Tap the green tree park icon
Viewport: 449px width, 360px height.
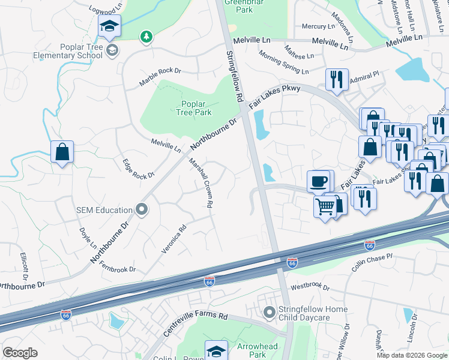[x=145, y=38]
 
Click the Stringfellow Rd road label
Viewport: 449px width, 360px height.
[x=235, y=75]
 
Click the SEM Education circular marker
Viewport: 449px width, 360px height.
[x=142, y=209]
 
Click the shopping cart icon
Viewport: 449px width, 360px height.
[x=325, y=207]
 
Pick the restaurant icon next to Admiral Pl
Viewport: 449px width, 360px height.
[x=337, y=79]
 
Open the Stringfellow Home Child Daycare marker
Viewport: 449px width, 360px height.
[x=270, y=313]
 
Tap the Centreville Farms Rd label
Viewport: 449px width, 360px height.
[x=196, y=325]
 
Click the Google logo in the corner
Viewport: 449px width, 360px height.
[x=20, y=353]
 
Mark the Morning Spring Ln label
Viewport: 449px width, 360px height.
[x=284, y=62]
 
